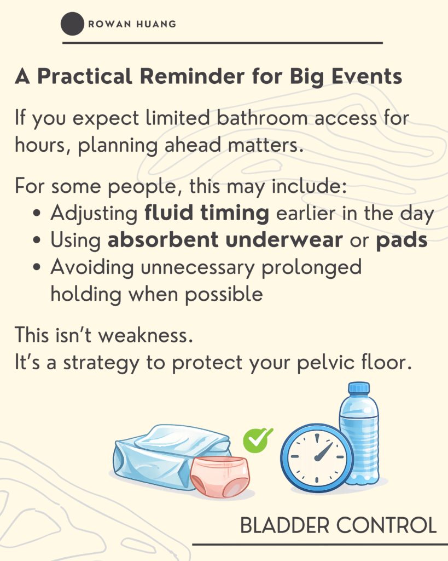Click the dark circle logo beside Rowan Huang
click(x=72, y=24)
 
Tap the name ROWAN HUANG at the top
click(x=132, y=24)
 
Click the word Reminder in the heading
click(x=192, y=76)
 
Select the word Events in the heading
click(x=366, y=76)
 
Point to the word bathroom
click(x=262, y=118)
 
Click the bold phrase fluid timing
click(x=206, y=213)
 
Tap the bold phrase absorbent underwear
click(x=225, y=240)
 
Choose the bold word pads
click(x=402, y=241)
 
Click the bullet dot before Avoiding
click(x=37, y=267)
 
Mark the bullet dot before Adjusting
click(x=37, y=214)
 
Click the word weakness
click(x=146, y=335)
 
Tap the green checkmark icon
click(x=258, y=440)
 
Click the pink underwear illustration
click(x=220, y=477)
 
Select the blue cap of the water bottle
click(x=359, y=388)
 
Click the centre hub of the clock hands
click(x=317, y=458)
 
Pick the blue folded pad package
click(x=168, y=454)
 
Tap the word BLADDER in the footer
click(x=285, y=525)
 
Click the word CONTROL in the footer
click(x=387, y=525)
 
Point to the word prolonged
click(x=312, y=267)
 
